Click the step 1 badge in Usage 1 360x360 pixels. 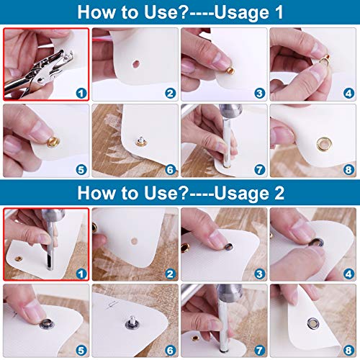tap(80, 93)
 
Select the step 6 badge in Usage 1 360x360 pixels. tap(170, 171)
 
